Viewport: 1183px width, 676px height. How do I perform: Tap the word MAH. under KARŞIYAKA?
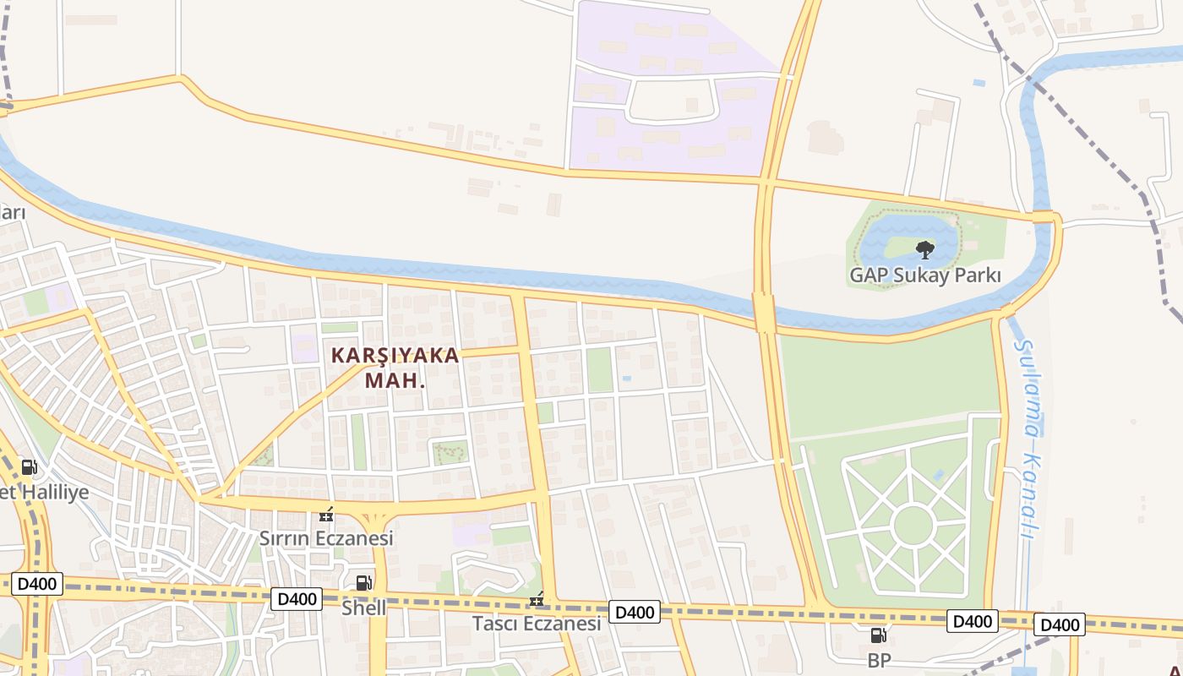pos(395,381)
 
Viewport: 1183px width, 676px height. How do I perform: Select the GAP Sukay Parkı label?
pos(924,275)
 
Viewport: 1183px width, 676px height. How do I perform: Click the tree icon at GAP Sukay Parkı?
pos(925,249)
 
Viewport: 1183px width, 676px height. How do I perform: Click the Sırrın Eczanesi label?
pos(326,538)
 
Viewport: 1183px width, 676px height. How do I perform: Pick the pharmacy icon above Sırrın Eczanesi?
pos(326,515)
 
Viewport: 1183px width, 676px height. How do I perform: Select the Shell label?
pos(364,608)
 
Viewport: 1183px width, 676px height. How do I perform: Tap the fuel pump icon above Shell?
pos(363,582)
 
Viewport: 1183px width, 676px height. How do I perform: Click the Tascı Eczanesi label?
pos(537,624)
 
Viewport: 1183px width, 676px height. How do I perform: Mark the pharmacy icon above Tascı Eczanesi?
pos(536,600)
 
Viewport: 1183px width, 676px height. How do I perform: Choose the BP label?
pos(879,660)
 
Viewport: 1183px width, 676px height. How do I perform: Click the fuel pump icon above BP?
pos(879,635)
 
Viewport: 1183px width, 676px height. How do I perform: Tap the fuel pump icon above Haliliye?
pos(29,467)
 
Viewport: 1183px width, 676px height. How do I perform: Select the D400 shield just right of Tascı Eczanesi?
pos(635,612)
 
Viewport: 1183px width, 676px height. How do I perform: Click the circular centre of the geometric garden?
pos(913,525)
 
